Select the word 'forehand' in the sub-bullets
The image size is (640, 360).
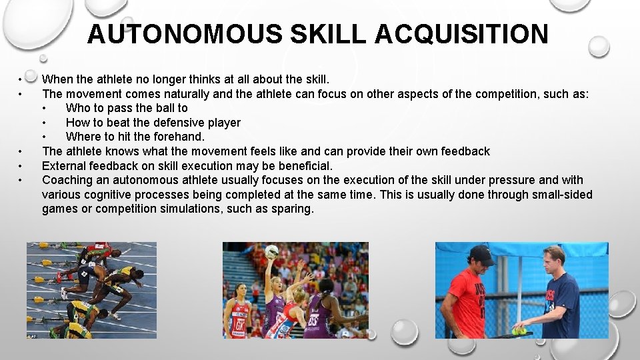[x=178, y=137]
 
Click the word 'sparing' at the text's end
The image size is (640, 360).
[x=292, y=209]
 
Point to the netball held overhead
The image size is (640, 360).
[x=272, y=252]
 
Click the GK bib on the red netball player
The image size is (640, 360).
[x=237, y=325]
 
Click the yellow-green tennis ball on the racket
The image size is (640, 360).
[x=519, y=331]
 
